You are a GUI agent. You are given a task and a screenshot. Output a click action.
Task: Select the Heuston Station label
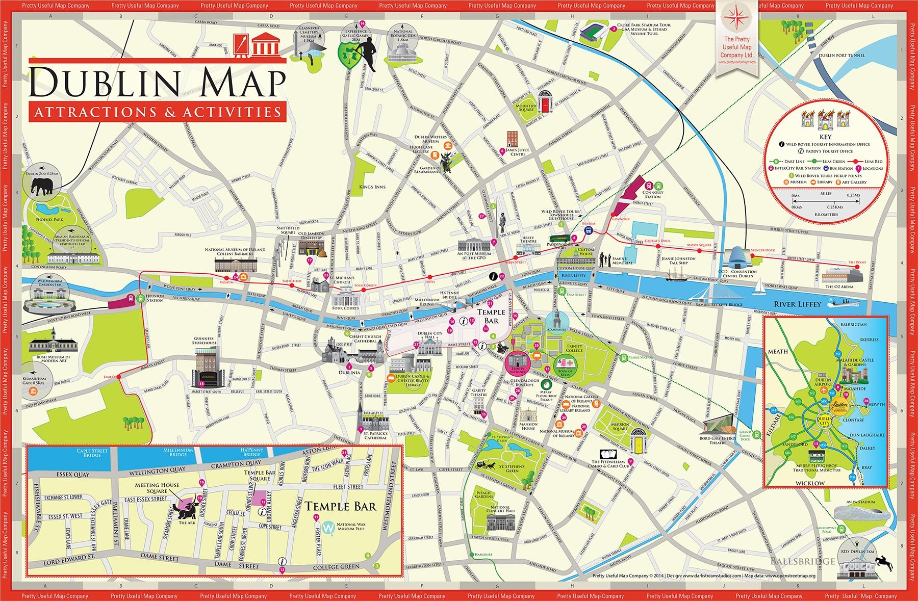pyautogui.click(x=154, y=298)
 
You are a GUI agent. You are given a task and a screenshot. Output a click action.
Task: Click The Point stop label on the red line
pyautogui.click(x=857, y=262)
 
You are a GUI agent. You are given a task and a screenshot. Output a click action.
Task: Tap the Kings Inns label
pyautogui.click(x=372, y=187)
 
